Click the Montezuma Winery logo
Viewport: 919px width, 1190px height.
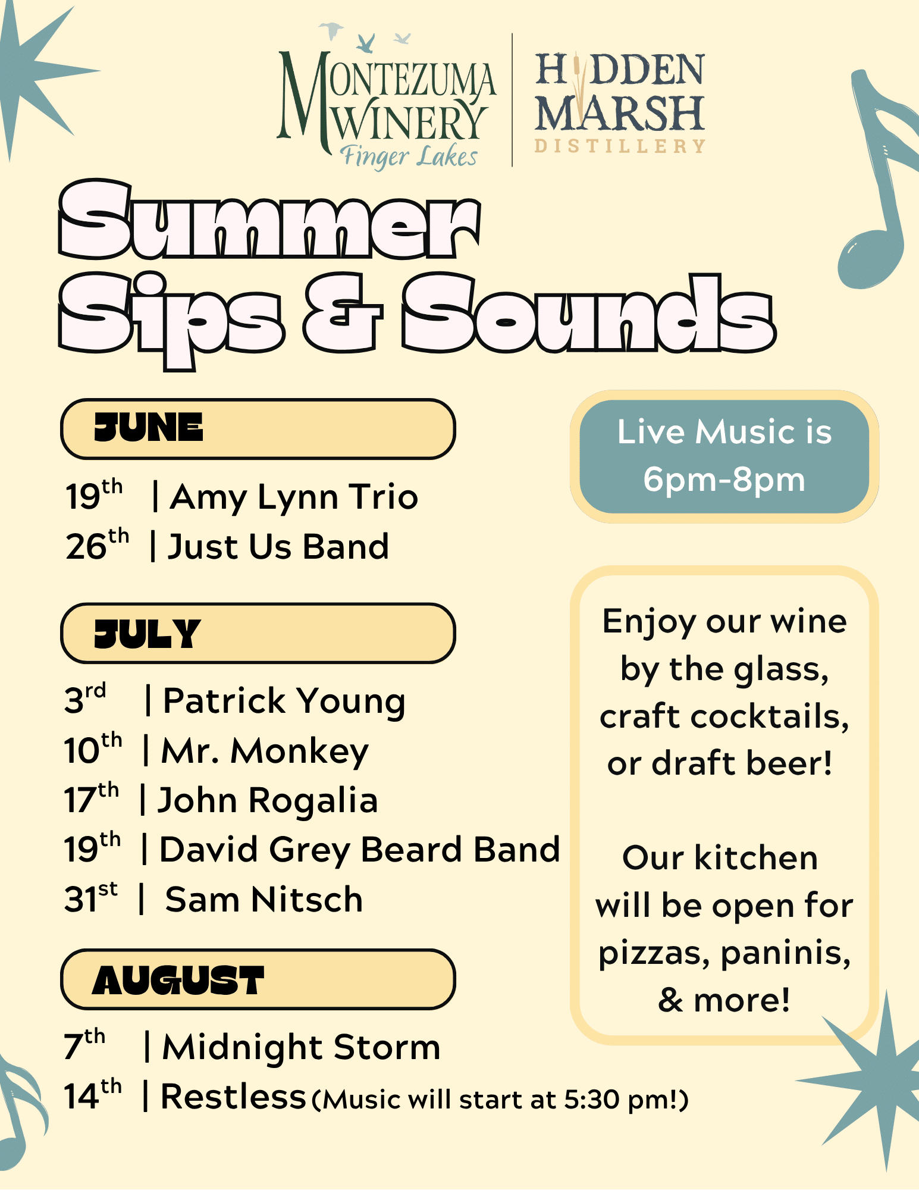point(387,98)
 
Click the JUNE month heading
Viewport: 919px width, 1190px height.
point(149,428)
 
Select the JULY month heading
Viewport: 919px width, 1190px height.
point(147,633)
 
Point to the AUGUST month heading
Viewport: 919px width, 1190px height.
point(178,980)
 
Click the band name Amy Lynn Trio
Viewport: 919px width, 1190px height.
point(294,498)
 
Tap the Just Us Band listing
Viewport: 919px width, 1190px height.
point(278,547)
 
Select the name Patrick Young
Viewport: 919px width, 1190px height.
point(284,702)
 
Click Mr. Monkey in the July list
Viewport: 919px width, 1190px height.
point(265,751)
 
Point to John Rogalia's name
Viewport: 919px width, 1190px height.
point(268,801)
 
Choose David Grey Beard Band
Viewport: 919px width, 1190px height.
point(360,850)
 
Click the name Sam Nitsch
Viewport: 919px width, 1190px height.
point(264,899)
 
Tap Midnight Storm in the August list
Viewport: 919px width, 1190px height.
point(302,1047)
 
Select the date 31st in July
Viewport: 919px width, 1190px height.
point(91,897)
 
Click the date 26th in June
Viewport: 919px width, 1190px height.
point(97,544)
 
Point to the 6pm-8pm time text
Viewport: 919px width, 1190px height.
point(724,480)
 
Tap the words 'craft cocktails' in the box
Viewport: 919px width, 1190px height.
point(724,716)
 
